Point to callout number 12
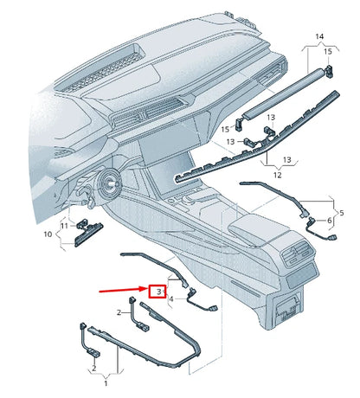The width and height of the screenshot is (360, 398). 278,176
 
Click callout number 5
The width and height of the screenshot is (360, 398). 341,212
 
